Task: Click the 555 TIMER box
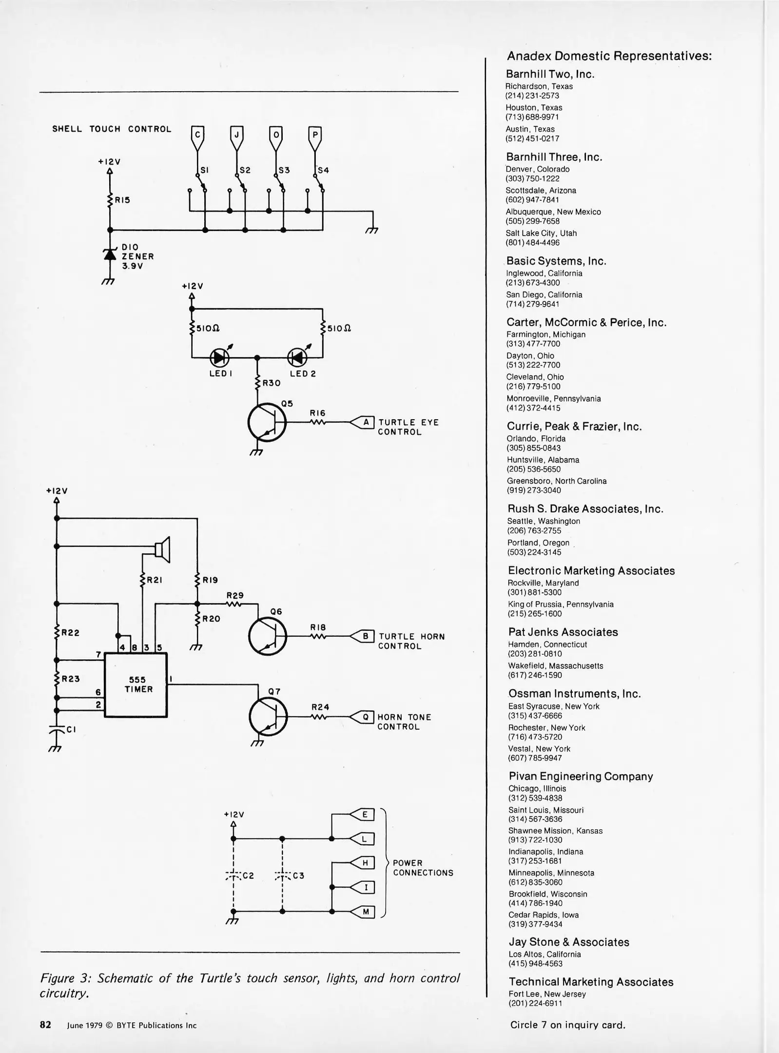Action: pos(136,684)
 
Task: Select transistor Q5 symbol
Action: pos(267,422)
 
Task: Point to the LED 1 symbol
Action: pos(219,358)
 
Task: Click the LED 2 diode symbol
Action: pos(297,358)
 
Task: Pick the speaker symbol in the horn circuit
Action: pos(163,549)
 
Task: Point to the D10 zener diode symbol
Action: pos(110,254)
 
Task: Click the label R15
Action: pos(122,200)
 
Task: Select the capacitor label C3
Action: pos(298,876)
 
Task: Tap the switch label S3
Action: pos(284,170)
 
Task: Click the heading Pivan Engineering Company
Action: pos(581,777)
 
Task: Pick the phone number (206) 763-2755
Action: pos(534,530)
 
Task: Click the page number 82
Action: pos(45,1025)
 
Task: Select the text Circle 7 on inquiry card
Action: pos(567,1025)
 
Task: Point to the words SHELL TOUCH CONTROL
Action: pos(112,129)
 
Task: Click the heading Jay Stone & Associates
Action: pos(569,942)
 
